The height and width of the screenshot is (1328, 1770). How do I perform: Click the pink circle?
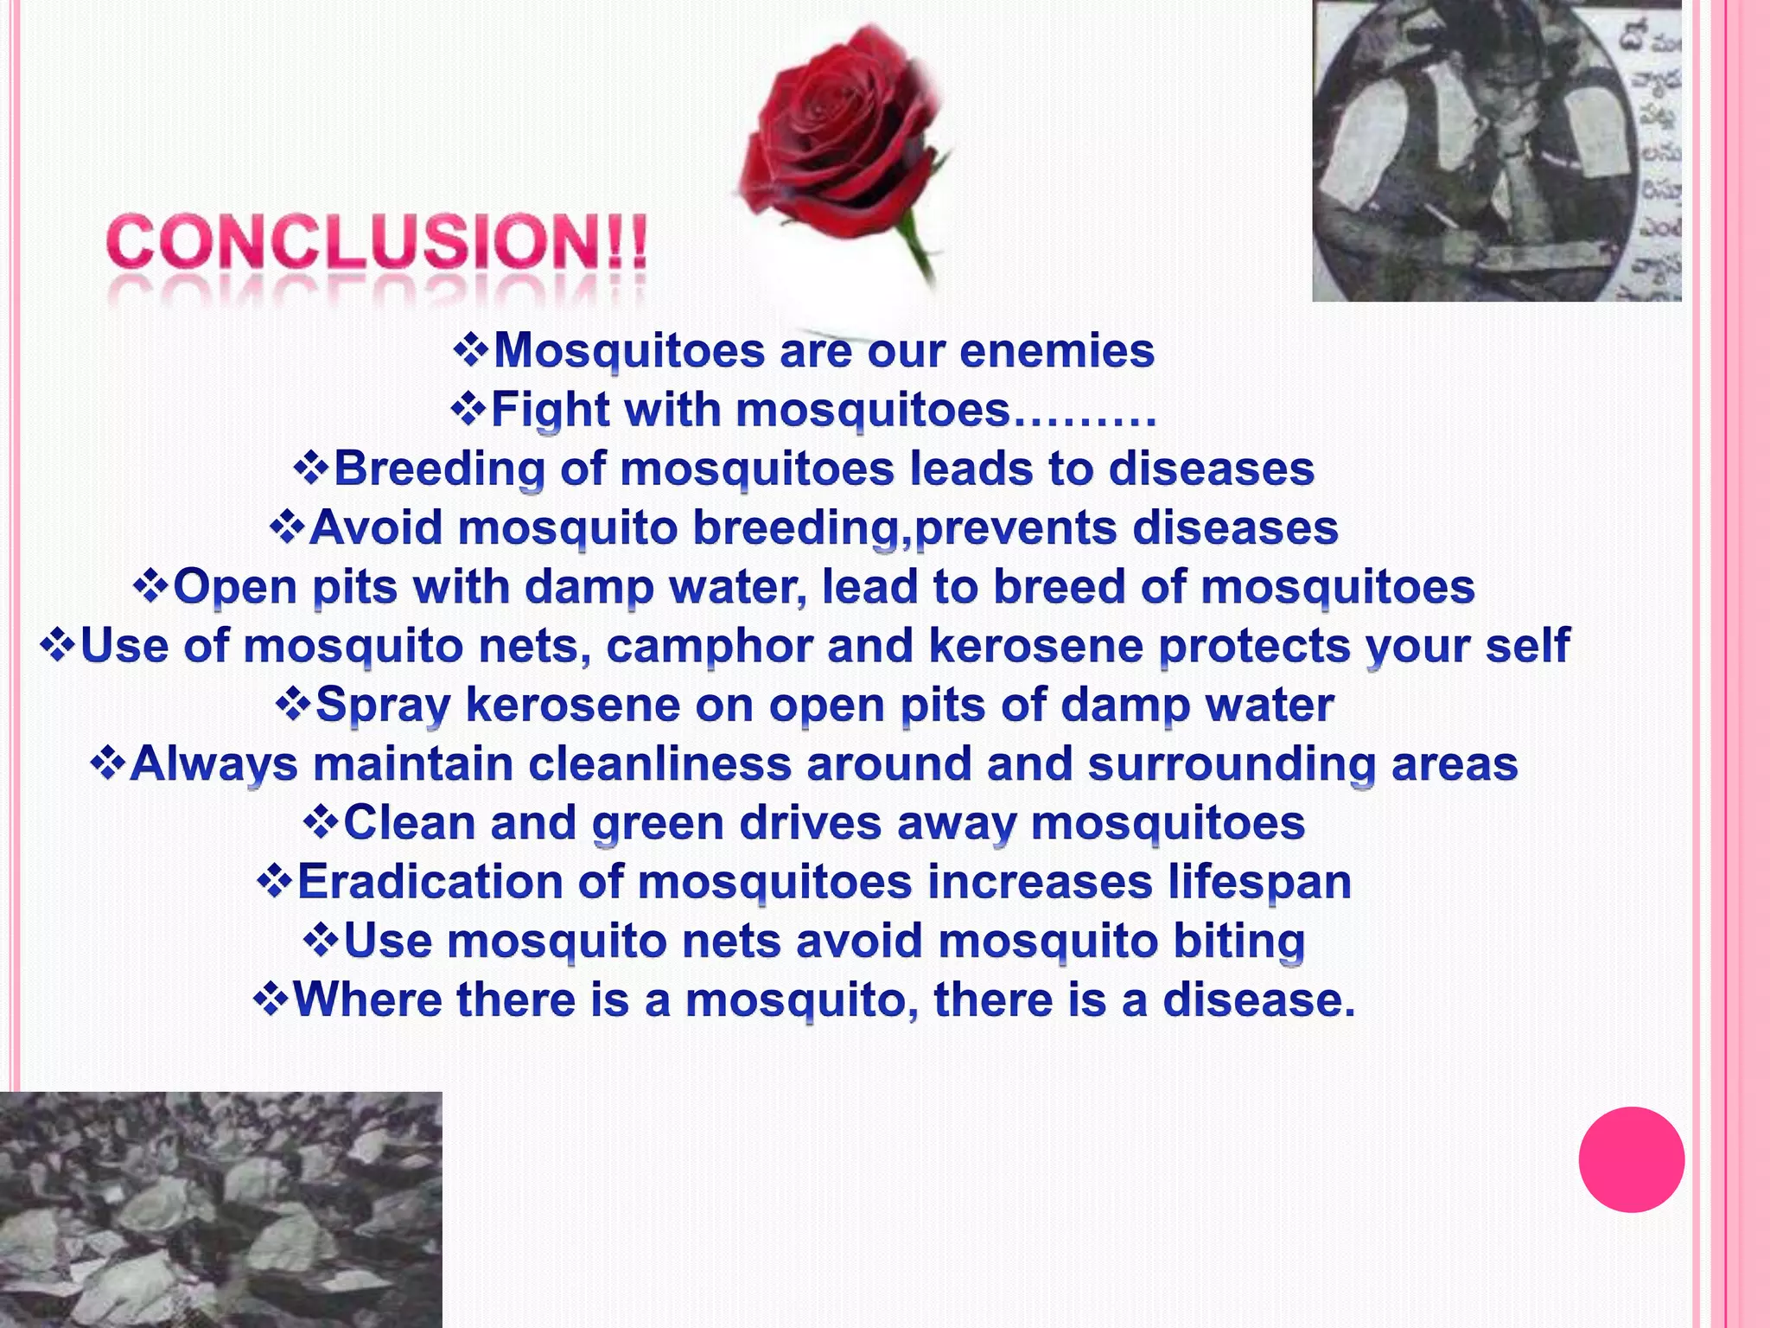click(1631, 1159)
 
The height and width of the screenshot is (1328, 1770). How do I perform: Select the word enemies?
click(1057, 351)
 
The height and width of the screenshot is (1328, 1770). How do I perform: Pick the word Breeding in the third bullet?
click(439, 469)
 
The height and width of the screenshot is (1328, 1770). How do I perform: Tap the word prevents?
click(1016, 528)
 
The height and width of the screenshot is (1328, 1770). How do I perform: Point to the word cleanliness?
click(659, 764)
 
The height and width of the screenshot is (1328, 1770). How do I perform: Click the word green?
click(658, 823)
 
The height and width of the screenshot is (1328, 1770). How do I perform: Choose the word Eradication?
click(430, 883)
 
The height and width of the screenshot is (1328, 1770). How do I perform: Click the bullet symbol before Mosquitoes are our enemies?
click(471, 350)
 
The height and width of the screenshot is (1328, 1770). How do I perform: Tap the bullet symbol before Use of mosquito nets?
click(58, 646)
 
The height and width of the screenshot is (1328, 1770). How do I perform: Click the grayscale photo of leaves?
click(220, 1210)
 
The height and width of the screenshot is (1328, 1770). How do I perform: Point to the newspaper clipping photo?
click(1495, 151)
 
